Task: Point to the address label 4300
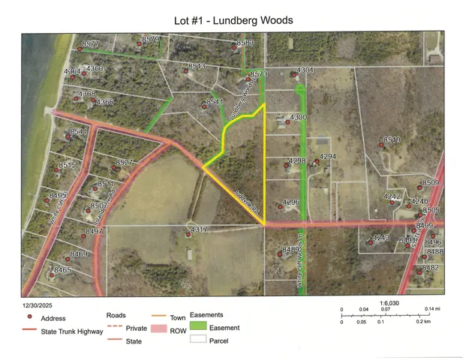(299, 118)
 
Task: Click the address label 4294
(328, 156)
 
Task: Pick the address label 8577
(92, 44)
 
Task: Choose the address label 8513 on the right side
(392, 139)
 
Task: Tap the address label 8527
(124, 163)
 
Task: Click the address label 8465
(62, 269)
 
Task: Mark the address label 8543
(197, 66)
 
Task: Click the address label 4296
(291, 202)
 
